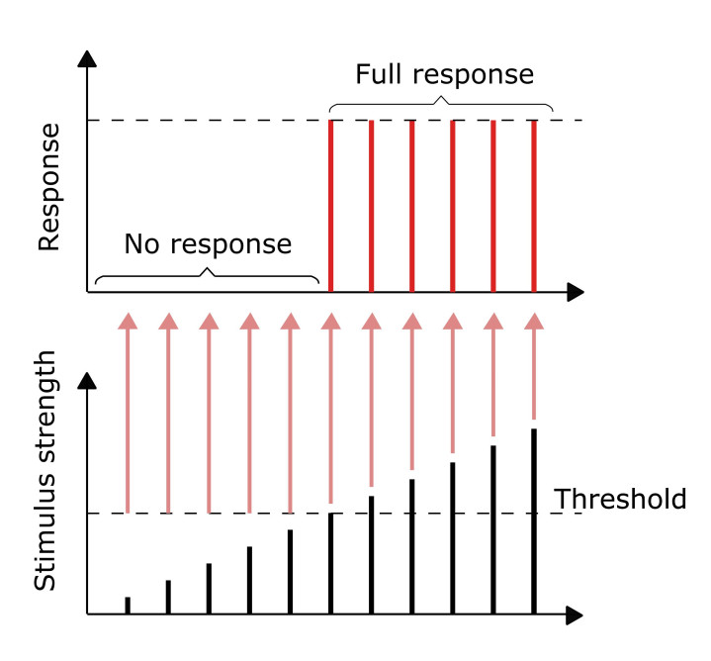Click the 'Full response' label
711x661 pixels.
(x=444, y=75)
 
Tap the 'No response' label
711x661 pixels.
(x=208, y=244)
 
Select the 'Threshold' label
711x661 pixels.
(x=620, y=499)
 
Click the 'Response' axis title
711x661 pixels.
(x=49, y=187)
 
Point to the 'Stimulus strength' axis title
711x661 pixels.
(x=44, y=470)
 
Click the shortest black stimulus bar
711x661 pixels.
(x=128, y=606)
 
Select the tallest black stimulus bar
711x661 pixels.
(x=534, y=521)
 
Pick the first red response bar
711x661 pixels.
(x=330, y=206)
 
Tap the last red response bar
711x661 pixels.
(x=534, y=206)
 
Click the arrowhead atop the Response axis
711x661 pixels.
(x=87, y=59)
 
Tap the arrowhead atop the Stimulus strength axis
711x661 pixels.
(x=87, y=380)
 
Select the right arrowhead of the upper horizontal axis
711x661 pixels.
(x=575, y=292)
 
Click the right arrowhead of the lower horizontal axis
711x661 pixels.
(x=575, y=614)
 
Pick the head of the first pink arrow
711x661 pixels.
(x=128, y=321)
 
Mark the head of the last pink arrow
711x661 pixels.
(x=534, y=321)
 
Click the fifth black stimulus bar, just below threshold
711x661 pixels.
(x=290, y=572)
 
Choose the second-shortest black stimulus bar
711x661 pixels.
(x=168, y=598)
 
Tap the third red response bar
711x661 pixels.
(x=411, y=206)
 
